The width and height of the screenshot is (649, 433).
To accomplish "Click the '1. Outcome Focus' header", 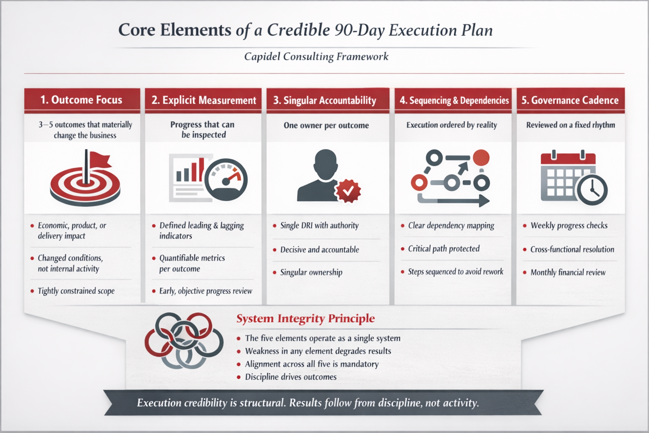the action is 82,100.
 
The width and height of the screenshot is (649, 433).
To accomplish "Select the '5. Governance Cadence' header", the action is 570,100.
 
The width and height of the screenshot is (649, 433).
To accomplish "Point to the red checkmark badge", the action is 348,191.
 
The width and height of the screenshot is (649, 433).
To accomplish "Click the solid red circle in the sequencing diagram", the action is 481,158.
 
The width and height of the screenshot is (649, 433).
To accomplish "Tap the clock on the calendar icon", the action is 592,190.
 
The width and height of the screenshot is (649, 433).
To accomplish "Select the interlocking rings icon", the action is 184,340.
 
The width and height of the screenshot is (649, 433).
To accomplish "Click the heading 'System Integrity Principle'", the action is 305,318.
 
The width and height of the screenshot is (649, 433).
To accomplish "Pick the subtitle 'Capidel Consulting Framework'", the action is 316,56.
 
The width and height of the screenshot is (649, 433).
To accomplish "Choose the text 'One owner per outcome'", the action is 326,125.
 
